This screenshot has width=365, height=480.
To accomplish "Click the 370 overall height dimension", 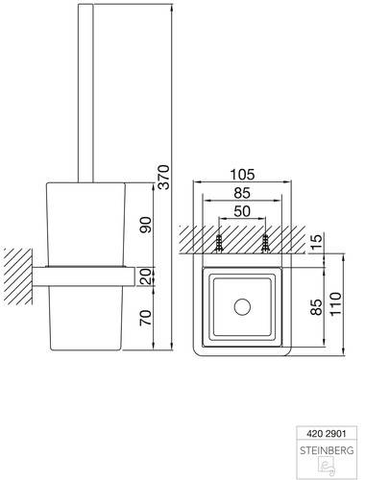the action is (163, 177).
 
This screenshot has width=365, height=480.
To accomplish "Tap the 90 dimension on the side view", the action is (145, 225).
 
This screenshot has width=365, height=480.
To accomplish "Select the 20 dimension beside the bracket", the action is (145, 276).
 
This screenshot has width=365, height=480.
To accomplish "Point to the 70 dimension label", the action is (145, 318).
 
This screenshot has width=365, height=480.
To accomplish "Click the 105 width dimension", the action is (242, 175).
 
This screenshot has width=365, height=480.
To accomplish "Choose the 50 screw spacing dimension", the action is (242, 211).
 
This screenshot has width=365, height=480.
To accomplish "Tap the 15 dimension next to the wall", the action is (316, 243).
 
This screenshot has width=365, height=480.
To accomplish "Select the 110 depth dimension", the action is (336, 304).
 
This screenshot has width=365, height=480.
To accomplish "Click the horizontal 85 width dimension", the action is (242, 193).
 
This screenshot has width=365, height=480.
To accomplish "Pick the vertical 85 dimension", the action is (316, 307).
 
